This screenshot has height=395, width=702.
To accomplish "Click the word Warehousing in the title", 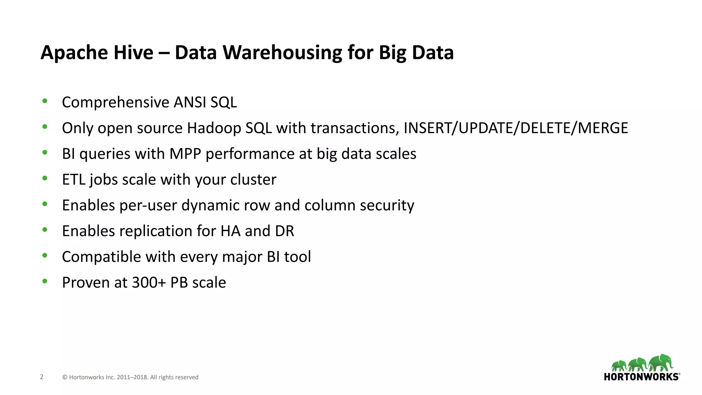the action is click(x=282, y=53).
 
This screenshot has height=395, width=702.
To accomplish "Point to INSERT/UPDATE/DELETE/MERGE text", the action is click(x=516, y=128).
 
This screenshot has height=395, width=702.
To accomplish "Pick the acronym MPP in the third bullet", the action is click(x=185, y=154).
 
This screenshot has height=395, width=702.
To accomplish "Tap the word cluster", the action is click(x=253, y=179).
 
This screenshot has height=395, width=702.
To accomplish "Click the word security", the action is click(x=387, y=205).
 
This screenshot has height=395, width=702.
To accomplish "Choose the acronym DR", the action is click(x=285, y=231).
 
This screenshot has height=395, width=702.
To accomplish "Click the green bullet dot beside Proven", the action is click(x=45, y=281).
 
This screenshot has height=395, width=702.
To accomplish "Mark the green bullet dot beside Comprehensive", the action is click(x=45, y=101).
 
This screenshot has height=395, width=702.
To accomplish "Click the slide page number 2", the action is click(x=42, y=377).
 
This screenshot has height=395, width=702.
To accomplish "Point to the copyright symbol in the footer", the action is click(x=65, y=377).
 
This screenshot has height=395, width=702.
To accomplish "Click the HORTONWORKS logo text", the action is click(x=641, y=377).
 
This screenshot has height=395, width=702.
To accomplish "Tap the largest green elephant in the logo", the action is click(x=661, y=362).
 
